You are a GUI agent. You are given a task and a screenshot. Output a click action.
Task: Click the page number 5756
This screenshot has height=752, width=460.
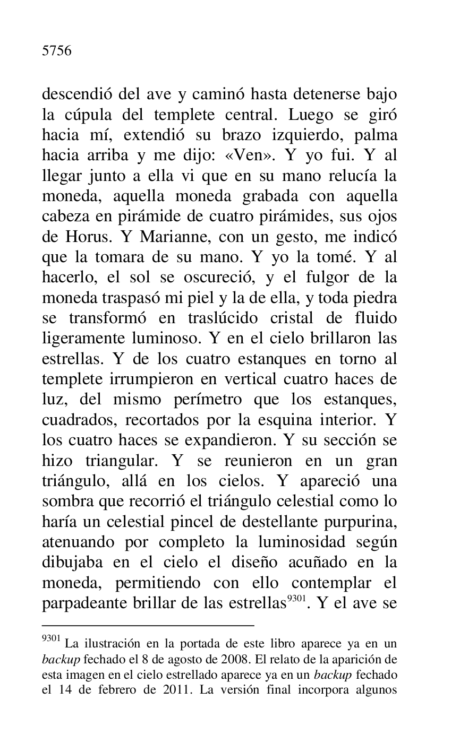point(56,51)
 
